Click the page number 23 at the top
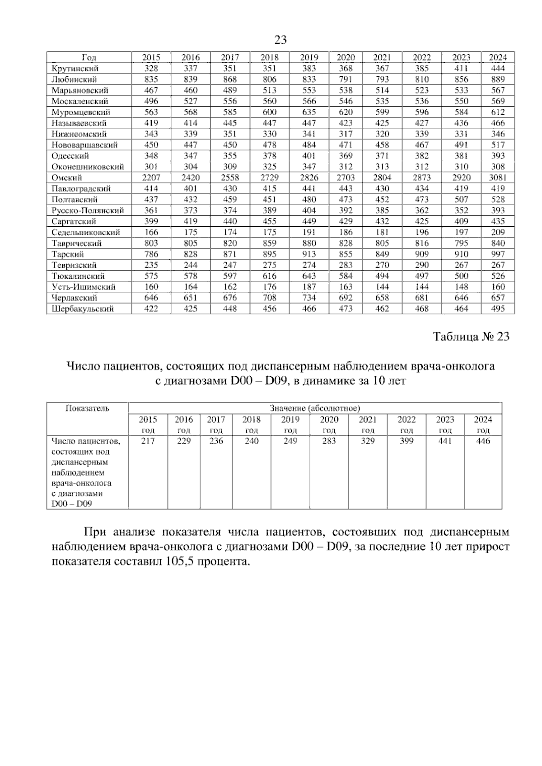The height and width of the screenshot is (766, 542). pos(280,40)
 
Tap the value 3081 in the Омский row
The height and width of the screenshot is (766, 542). pos(498,177)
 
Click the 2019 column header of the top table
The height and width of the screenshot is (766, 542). pos(309,57)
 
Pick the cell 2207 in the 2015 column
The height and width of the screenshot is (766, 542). pos(151,177)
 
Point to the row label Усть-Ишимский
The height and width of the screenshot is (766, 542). pos(83,287)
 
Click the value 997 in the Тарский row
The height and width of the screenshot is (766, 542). pos(498,254)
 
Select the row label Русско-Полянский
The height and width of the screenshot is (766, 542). pos(88,210)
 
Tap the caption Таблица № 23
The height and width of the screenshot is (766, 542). pos(471,337)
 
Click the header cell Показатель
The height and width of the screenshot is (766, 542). pos(87,408)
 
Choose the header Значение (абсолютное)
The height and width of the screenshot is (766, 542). pos(314,408)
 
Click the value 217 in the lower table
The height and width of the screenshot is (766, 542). pos(148,441)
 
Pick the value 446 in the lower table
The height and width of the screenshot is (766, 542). pos(483,441)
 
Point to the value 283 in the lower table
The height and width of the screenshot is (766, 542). pos(329,441)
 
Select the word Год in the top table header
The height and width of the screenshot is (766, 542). pos(89,57)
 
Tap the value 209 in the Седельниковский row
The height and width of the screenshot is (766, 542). pos(498,232)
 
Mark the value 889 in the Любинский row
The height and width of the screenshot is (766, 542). pos(498,79)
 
